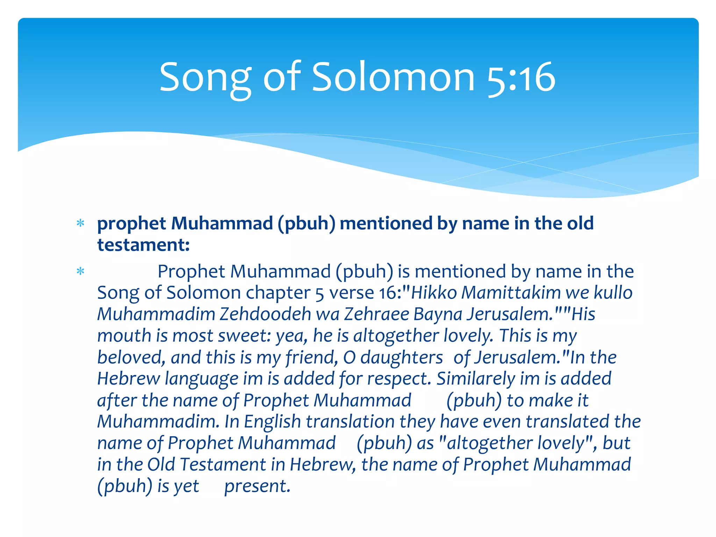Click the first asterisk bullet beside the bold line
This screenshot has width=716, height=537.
click(x=80, y=223)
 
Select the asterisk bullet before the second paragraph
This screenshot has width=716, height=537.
click(x=80, y=271)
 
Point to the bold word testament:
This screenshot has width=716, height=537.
click(x=143, y=245)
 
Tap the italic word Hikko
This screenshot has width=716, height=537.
click(x=434, y=293)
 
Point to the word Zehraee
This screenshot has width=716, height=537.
click(x=377, y=314)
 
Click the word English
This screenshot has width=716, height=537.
click(x=272, y=422)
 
